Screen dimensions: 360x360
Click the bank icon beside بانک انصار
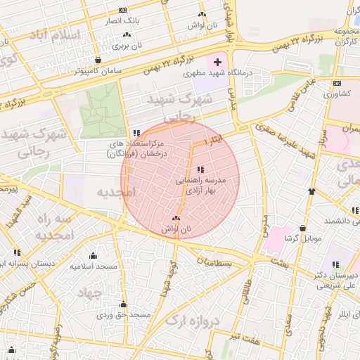click(124, 11)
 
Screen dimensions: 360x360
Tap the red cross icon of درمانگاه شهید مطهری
click(217, 62)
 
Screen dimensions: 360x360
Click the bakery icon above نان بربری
click(127, 34)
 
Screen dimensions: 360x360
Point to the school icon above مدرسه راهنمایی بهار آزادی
click(200, 169)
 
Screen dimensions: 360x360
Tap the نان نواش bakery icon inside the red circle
click(176, 219)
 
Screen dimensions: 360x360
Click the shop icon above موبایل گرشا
click(302, 229)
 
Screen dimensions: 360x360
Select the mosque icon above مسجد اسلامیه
click(93, 256)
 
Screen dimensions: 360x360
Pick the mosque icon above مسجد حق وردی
click(124, 304)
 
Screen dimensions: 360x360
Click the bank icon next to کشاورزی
click(336, 84)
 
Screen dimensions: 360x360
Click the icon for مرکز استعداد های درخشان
click(136, 133)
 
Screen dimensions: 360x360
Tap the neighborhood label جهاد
click(90, 292)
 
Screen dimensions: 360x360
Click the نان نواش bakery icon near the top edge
click(202, 14)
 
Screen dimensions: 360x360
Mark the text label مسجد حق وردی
click(124, 315)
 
